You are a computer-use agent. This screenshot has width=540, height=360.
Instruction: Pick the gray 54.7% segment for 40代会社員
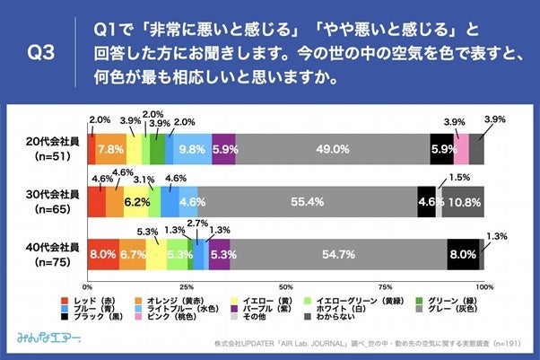tap(338, 255)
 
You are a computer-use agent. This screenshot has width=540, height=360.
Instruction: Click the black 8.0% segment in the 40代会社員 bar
tap(463, 255)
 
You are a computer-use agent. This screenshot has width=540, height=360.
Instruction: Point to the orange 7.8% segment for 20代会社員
tap(111, 150)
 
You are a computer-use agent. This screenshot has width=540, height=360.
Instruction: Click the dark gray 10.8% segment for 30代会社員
tap(463, 202)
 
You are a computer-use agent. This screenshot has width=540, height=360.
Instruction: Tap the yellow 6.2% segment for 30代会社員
tap(136, 202)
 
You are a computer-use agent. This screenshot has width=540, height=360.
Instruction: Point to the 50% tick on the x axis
tap(286, 285)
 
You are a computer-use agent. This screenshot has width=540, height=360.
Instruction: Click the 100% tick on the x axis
tap(483, 285)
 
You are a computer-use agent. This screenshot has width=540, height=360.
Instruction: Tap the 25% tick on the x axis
tap(187, 285)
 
